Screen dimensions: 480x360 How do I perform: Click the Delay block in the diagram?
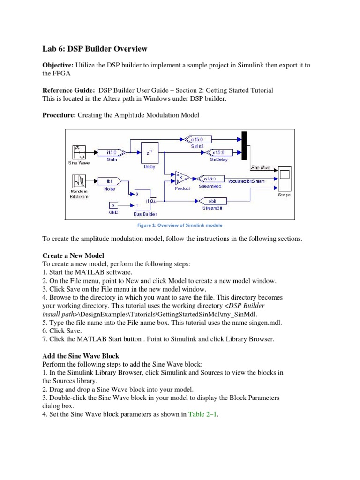[x=150, y=152]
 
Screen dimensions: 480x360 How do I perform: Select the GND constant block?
[x=113, y=205]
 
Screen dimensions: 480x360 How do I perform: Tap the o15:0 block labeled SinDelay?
[x=218, y=152]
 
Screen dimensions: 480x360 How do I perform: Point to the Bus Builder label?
[x=145, y=213]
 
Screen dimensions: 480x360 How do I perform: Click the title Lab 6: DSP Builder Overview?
[x=95, y=48]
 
